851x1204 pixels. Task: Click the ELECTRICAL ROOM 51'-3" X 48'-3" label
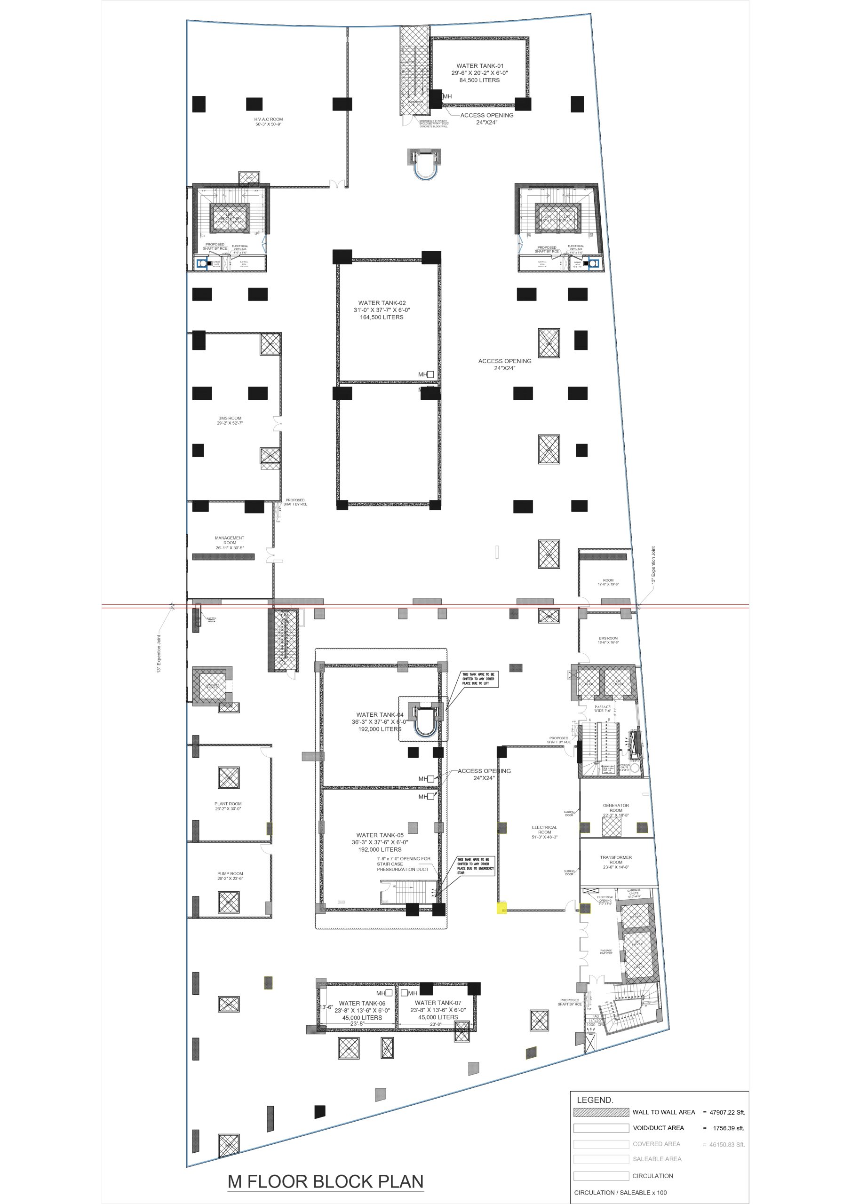544,832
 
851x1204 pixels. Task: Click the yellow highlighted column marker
501,908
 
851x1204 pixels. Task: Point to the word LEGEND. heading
595,1100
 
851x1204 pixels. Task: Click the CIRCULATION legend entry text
652,1176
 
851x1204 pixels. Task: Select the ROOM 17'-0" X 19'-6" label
608,582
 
